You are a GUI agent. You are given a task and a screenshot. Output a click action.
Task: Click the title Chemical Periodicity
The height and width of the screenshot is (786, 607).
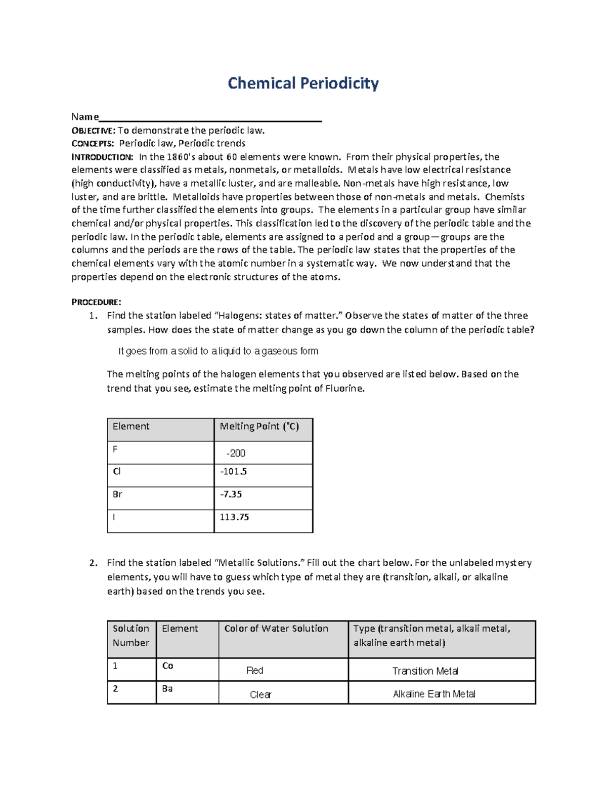(x=303, y=83)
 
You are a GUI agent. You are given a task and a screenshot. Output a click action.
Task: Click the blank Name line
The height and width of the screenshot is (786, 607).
(x=210, y=117)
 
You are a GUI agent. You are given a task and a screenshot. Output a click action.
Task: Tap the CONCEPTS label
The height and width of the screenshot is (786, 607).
(x=93, y=144)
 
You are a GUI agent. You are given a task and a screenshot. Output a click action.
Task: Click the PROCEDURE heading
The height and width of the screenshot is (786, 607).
(x=96, y=302)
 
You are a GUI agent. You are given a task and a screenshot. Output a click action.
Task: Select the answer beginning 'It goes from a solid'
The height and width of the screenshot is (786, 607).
(x=218, y=351)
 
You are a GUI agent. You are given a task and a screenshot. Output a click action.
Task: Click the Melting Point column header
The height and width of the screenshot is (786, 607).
(x=259, y=427)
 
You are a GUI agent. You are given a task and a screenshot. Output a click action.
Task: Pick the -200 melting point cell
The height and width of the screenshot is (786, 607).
(x=236, y=453)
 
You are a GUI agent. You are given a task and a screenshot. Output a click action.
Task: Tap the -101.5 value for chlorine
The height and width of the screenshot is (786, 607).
(x=234, y=472)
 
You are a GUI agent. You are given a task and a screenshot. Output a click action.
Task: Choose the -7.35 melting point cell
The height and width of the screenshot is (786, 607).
(x=231, y=494)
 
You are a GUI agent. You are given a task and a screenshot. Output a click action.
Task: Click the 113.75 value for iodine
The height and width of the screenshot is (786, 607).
(x=234, y=517)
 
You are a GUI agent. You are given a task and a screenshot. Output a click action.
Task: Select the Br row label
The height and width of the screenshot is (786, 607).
(x=117, y=494)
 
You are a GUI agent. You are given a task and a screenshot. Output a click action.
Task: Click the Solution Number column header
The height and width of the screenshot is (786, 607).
(x=131, y=636)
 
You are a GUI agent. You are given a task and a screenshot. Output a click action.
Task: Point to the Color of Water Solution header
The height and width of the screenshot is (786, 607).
(x=276, y=629)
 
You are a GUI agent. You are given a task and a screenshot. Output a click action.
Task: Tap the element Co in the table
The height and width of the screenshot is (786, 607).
(x=167, y=666)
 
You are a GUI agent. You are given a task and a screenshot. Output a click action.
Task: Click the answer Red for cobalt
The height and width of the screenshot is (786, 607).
(x=254, y=671)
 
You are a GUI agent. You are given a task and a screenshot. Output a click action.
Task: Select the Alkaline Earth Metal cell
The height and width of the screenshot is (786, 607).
(x=434, y=694)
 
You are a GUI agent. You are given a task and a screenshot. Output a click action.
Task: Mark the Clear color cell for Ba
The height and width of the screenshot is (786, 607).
(x=261, y=695)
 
